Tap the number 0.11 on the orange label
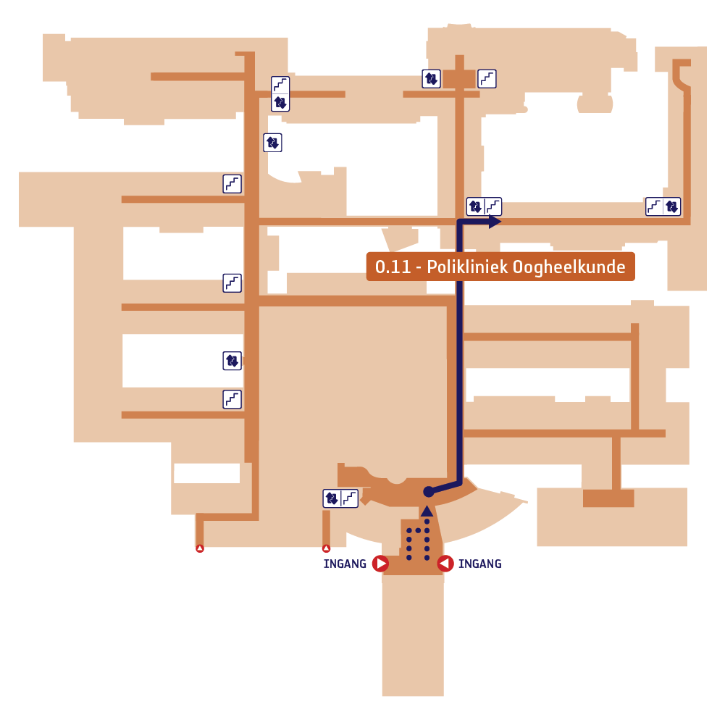click(393, 267)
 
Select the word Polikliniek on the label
click(467, 267)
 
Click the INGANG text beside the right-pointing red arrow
click(345, 564)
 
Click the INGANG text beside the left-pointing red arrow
click(480, 564)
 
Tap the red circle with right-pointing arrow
click(380, 564)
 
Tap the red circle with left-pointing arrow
click(445, 564)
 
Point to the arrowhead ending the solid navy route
click(495, 222)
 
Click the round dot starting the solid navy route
click(429, 492)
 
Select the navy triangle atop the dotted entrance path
click(427, 511)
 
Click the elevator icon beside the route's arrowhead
click(475, 206)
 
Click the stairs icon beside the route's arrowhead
click(493, 206)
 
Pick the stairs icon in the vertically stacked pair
click(280, 85)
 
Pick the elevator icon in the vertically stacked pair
click(280, 102)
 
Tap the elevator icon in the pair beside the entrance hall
click(332, 498)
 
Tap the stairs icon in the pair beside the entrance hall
click(350, 498)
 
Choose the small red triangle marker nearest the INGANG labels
click(327, 548)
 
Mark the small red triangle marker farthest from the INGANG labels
click(200, 548)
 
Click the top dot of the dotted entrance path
click(427, 522)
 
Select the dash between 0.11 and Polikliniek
click(419, 269)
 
